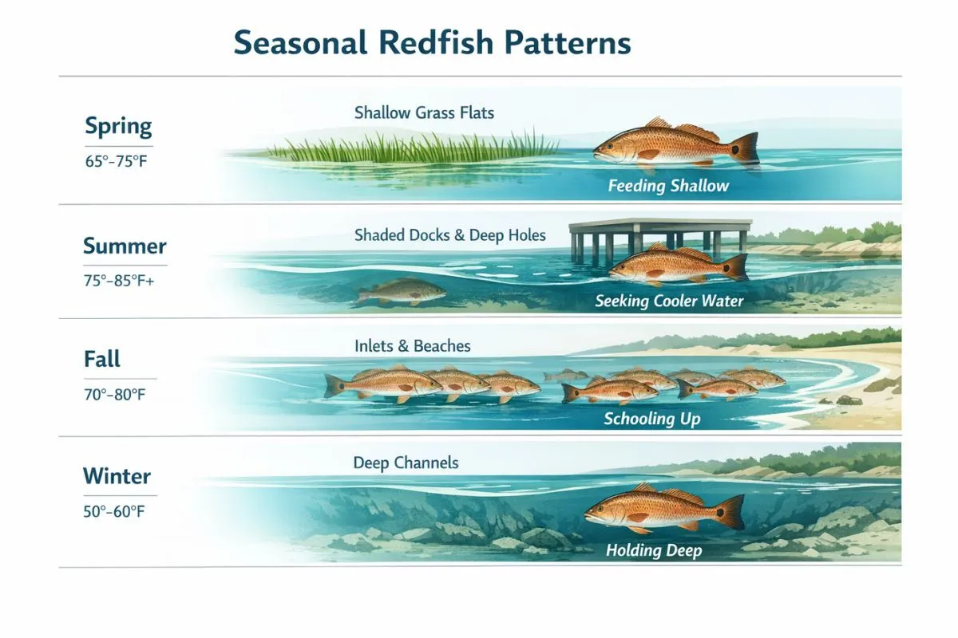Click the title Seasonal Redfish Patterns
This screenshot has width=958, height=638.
(432, 42)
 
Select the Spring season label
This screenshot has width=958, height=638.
(118, 127)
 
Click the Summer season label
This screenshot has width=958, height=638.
(125, 246)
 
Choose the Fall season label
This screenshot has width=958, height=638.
(102, 359)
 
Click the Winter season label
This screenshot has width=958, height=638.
(117, 476)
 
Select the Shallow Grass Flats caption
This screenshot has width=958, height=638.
(424, 112)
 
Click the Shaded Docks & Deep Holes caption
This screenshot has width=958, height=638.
(450, 235)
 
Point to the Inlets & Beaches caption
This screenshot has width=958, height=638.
(413, 346)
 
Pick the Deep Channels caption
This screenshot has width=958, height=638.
(406, 463)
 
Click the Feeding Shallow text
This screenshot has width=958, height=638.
(668, 186)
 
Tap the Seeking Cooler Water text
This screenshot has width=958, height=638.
(669, 301)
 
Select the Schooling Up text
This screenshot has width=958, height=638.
(652, 419)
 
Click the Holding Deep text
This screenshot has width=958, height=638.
(654, 550)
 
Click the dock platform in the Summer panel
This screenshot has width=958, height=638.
(660, 226)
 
